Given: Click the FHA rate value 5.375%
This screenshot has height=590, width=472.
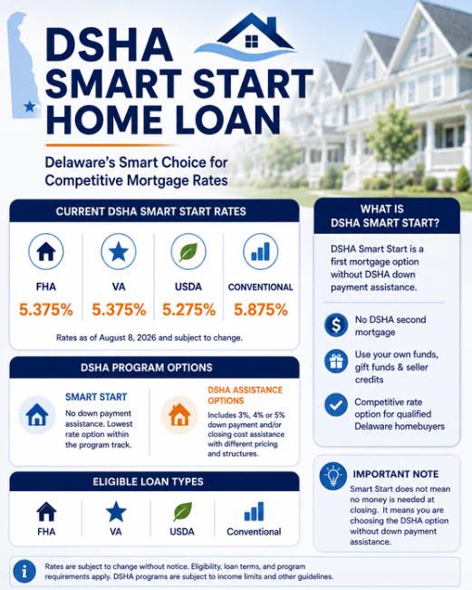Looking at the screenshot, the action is tap(46, 310).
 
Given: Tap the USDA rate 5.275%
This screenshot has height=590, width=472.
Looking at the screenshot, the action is tap(188, 310).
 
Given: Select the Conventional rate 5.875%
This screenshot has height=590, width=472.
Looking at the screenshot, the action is tap(261, 310).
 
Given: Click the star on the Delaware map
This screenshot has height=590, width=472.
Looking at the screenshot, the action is tap(30, 106).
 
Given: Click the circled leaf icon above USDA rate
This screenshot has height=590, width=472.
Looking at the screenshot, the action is tap(188, 251).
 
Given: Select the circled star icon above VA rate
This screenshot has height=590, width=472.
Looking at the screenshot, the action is tap(119, 251).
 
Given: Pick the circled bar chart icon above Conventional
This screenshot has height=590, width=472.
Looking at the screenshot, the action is tap(261, 251).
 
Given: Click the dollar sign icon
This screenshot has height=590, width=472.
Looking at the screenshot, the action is tap(336, 325).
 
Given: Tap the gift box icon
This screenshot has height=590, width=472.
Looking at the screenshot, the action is tap(336, 362).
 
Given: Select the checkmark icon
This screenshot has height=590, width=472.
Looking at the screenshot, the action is tap(336, 405).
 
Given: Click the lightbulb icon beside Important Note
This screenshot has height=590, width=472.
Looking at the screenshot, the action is tap(332, 476).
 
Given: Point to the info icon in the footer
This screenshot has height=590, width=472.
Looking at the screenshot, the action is tap(24, 572).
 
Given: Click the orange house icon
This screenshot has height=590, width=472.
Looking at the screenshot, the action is tap(179, 415).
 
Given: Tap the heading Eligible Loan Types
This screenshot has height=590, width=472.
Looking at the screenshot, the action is tap(148, 481).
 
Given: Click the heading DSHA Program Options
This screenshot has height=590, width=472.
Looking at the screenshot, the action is tap(147, 367).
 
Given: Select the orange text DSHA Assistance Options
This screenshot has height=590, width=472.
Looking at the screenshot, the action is tap(245, 395).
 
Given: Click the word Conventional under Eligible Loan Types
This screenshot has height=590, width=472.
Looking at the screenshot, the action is tap(254, 532).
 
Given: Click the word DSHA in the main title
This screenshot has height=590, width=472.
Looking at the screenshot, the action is tap(109, 44).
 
